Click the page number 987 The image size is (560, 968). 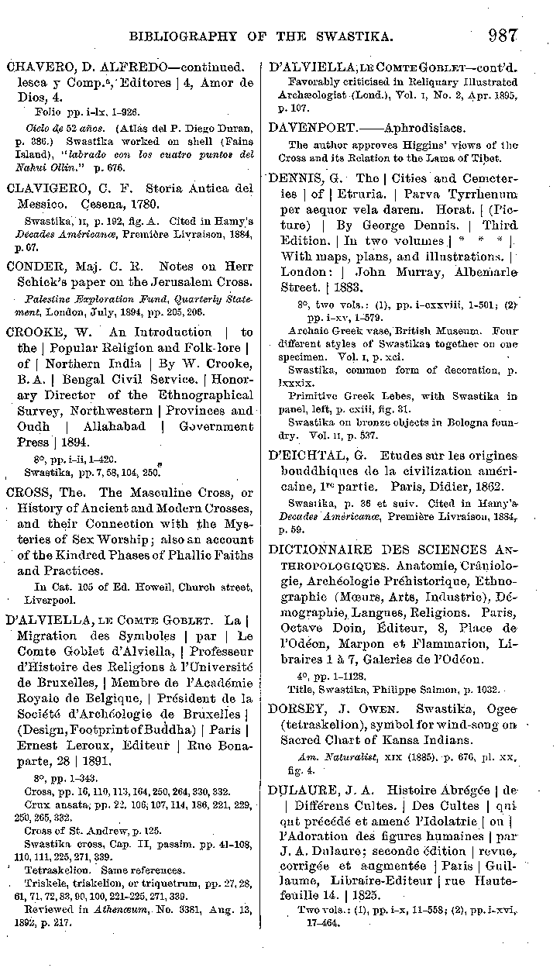(x=503, y=35)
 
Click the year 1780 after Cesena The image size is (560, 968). (x=163, y=205)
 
